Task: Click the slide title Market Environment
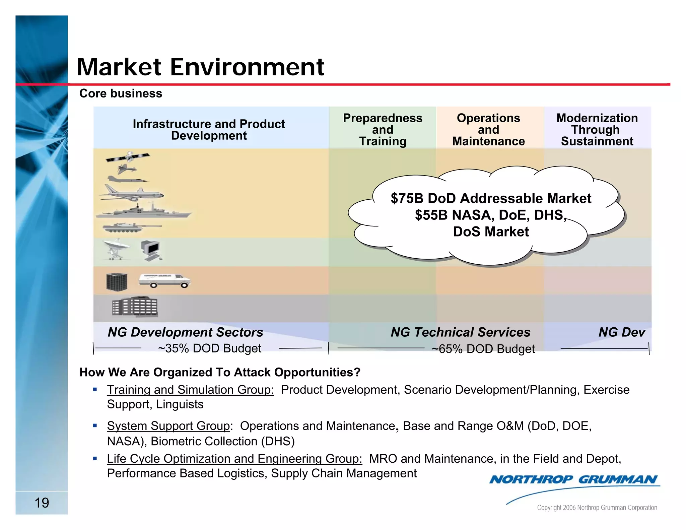click(200, 67)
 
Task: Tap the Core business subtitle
click(121, 93)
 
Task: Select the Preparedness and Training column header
click(383, 129)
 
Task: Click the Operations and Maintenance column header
click(488, 129)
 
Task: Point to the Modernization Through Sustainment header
click(597, 129)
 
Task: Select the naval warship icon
click(143, 211)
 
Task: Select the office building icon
click(135, 307)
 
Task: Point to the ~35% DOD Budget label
click(210, 348)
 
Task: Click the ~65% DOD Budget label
click(483, 349)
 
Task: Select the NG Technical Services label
click(461, 332)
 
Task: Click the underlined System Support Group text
click(168, 426)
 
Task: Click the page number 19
click(42, 503)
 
